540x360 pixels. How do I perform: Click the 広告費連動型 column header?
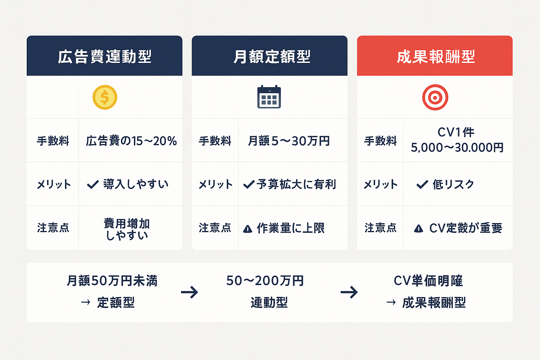(x=104, y=57)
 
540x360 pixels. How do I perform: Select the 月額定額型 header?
(x=272, y=57)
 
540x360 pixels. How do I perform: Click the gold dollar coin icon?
(x=105, y=97)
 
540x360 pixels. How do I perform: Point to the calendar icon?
(x=269, y=97)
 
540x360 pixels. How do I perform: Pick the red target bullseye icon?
(x=435, y=97)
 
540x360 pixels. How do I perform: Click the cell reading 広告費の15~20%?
(x=131, y=141)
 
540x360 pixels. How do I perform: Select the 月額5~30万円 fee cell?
(x=289, y=141)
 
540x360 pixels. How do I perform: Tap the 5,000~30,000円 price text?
(x=457, y=148)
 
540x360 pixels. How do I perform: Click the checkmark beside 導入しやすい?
(x=92, y=184)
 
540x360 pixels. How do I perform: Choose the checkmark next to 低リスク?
(x=422, y=184)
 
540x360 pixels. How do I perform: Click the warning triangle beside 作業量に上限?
(x=247, y=229)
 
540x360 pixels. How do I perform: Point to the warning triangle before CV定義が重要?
(x=418, y=229)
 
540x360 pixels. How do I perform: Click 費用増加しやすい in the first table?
(x=127, y=229)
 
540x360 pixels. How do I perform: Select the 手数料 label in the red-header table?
(x=380, y=141)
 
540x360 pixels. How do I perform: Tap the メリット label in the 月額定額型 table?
(x=215, y=184)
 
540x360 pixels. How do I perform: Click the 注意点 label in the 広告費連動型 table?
(x=53, y=228)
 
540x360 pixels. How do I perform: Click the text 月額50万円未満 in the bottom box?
(x=112, y=281)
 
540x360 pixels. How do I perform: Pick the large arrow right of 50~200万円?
(x=349, y=292)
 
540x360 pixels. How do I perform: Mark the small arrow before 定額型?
(x=85, y=302)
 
